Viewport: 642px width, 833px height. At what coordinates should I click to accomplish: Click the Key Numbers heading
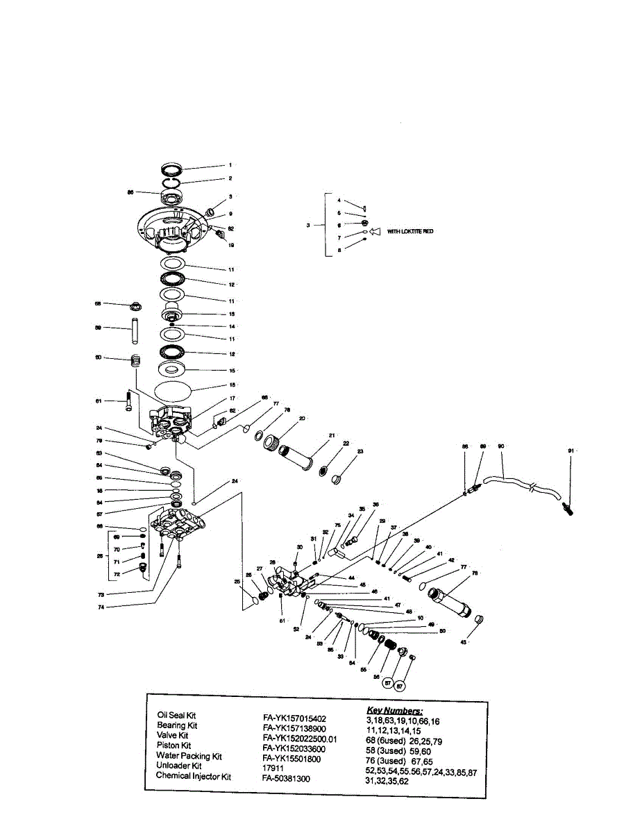(x=394, y=711)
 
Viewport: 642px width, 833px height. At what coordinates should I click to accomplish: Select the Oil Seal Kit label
(x=182, y=715)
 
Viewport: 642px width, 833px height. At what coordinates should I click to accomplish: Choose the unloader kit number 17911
(x=271, y=769)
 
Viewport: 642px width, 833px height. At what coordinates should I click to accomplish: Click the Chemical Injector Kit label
(x=193, y=777)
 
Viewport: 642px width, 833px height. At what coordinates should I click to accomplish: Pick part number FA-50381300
(x=287, y=779)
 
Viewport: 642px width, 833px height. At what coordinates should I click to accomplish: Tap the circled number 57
(x=389, y=683)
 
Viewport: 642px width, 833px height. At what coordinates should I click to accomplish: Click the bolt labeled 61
(x=129, y=401)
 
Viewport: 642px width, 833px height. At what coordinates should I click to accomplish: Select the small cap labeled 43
(x=480, y=619)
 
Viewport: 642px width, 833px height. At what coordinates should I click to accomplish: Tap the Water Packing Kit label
(x=189, y=756)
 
